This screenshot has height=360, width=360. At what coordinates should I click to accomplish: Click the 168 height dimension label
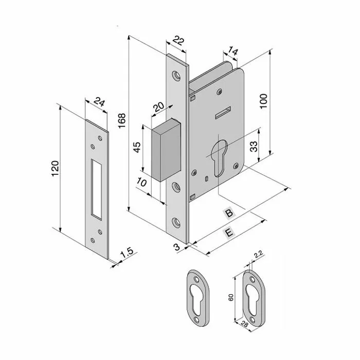tap(122, 121)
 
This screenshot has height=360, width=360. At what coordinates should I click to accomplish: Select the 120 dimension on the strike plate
tap(55, 169)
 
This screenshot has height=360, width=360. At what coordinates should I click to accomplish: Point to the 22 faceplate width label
tap(178, 41)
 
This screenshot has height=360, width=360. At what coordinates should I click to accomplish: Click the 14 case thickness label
tap(233, 52)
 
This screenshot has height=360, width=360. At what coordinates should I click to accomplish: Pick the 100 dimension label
tap(263, 101)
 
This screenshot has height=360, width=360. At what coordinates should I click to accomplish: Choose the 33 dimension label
tap(254, 147)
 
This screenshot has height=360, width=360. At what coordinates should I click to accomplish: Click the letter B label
tap(229, 213)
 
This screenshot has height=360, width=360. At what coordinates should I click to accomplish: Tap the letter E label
tap(229, 233)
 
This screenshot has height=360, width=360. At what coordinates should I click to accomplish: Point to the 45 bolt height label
tap(137, 148)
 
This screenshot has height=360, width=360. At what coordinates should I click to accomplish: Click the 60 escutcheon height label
tap(231, 297)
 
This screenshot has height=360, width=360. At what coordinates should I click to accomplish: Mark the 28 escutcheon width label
tap(245, 325)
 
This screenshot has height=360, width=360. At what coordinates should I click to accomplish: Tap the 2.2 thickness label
tap(258, 255)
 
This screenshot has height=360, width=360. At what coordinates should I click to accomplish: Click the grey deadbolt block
tap(166, 150)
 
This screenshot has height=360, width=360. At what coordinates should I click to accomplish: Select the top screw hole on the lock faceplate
tap(176, 76)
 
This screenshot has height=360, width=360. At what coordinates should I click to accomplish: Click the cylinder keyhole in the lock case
tap(220, 158)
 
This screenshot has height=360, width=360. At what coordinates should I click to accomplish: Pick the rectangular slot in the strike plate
tap(97, 189)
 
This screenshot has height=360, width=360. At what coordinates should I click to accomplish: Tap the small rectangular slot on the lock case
tap(223, 113)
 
